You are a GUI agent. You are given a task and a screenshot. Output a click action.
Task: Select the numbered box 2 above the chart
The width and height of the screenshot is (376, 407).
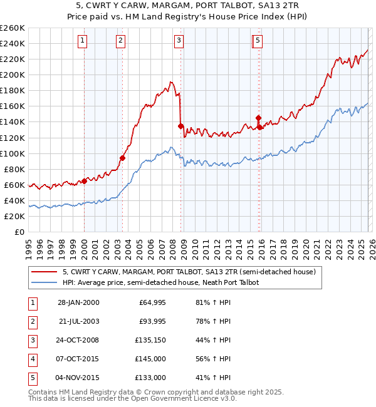(120, 41)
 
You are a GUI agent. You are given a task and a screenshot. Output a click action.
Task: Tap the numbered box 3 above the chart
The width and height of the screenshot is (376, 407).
(179, 41)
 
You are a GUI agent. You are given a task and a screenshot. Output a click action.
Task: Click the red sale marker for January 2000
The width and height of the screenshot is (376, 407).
(84, 181)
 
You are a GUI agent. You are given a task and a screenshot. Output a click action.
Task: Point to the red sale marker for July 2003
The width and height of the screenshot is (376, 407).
(123, 158)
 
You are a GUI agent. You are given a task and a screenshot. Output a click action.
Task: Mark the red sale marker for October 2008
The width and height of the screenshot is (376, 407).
(181, 126)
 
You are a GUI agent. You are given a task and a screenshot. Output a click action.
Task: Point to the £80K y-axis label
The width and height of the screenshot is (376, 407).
(14, 169)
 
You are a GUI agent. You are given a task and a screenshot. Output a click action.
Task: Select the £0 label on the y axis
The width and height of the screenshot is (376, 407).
(19, 232)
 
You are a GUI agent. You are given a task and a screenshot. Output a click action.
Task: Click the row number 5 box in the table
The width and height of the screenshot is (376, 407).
(31, 378)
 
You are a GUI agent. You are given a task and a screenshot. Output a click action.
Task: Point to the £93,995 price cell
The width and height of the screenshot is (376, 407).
(150, 321)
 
